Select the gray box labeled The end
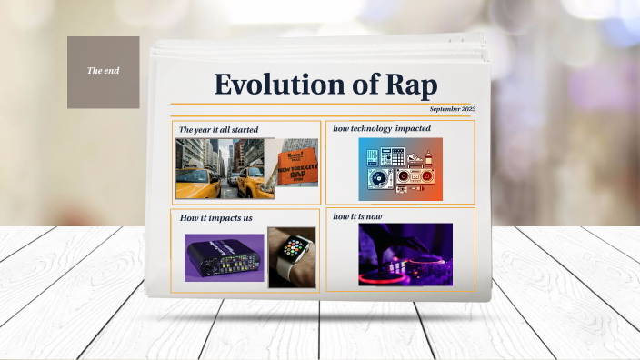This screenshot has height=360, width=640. click(103, 72)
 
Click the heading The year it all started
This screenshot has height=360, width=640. click(218, 130)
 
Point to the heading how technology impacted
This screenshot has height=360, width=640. click(382, 128)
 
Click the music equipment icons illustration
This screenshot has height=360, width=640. click(400, 169)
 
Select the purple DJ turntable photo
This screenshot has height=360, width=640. click(405, 255)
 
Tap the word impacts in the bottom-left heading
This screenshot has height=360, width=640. click(221, 218)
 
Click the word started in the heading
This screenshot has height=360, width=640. click(244, 130)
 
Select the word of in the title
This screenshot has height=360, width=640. click(354, 84)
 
